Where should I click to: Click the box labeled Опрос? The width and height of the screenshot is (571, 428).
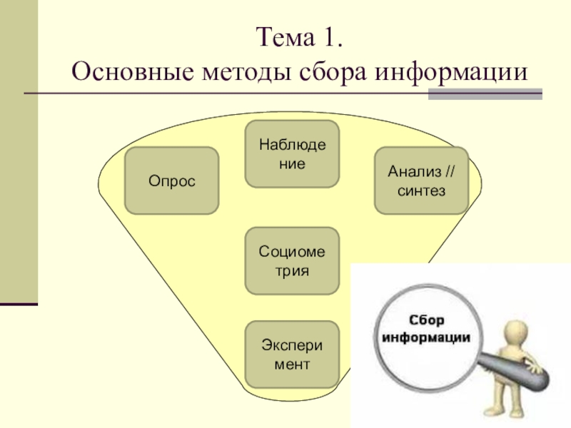point(171,180)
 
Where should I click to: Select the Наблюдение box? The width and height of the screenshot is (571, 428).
point(293,154)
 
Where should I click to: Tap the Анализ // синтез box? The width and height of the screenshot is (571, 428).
point(421,180)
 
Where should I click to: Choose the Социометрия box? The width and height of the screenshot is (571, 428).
point(293,260)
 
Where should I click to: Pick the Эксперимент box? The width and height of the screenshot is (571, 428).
point(293,354)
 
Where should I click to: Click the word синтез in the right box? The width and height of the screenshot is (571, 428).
point(421,191)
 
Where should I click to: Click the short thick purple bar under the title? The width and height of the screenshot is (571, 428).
point(485,93)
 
